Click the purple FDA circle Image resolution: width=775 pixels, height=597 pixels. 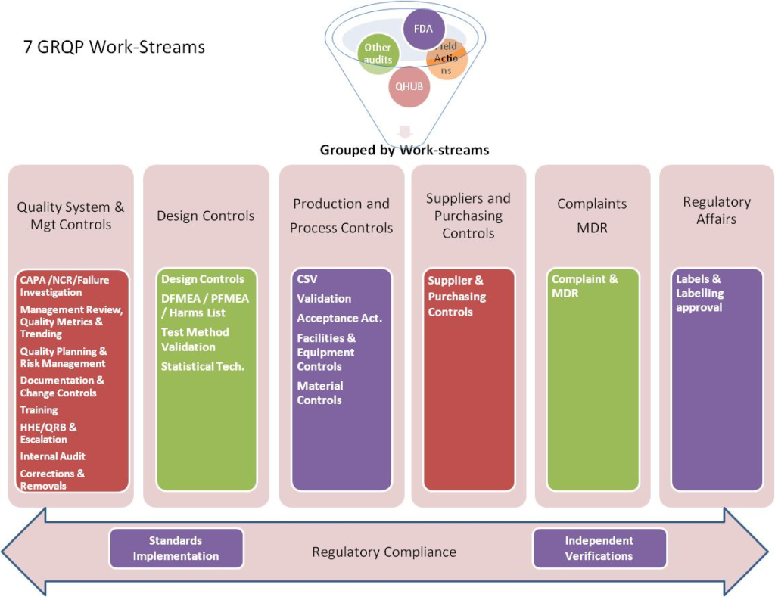[424, 30]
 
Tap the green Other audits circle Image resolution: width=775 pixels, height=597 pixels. [378, 54]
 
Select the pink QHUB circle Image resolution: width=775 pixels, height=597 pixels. [409, 87]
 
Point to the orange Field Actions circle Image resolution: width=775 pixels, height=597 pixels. [448, 58]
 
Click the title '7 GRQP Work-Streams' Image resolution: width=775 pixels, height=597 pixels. [114, 47]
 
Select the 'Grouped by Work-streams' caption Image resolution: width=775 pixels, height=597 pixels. [404, 150]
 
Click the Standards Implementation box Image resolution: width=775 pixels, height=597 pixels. [176, 549]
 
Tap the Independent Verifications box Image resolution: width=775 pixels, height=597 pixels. [599, 549]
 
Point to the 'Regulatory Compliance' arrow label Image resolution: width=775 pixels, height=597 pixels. [384, 552]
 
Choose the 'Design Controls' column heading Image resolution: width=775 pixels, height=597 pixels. [206, 216]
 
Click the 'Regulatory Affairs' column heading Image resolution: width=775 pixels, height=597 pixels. [716, 210]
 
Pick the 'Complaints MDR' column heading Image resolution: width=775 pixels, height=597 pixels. [592, 216]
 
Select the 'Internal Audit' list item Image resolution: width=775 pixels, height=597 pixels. [53, 456]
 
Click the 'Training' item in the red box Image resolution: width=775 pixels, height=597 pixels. [39, 410]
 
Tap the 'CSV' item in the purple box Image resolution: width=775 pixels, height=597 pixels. [307, 279]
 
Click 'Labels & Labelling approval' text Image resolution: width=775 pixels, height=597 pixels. [700, 293]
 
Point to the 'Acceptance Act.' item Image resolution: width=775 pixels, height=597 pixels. [339, 318]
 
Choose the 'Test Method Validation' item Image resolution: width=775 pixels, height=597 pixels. [195, 339]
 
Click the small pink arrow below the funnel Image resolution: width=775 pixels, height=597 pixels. [404, 131]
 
